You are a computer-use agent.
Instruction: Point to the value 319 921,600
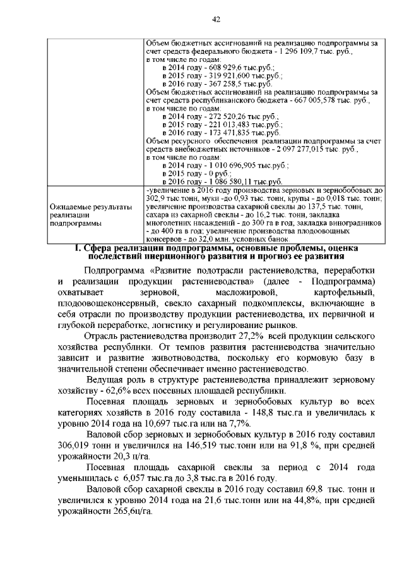click(x=213, y=75)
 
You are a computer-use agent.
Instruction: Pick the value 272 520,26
click(x=211, y=116)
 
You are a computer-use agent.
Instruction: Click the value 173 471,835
click(x=213, y=133)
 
